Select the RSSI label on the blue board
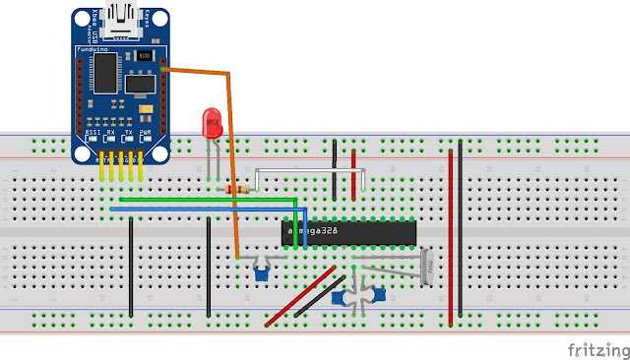click(x=94, y=131)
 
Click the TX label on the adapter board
click(x=127, y=131)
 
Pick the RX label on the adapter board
click(x=110, y=131)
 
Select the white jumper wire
click(x=310, y=171)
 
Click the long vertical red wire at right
click(x=451, y=236)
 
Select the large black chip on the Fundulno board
click(x=105, y=70)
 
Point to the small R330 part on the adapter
click(x=144, y=57)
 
